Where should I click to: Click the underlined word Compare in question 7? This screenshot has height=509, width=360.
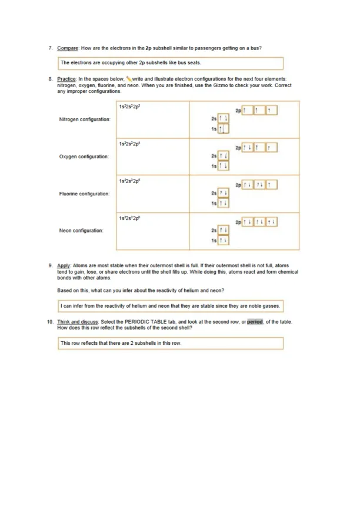66,48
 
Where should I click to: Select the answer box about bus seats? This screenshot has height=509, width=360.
171,62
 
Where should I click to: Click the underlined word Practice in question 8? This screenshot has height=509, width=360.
66,78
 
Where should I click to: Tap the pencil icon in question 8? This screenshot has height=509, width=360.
128,78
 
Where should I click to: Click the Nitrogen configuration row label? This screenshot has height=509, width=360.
85,119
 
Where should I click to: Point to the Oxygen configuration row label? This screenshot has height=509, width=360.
84,157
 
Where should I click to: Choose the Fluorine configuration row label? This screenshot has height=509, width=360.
84,194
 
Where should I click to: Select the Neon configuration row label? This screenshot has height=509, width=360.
81,231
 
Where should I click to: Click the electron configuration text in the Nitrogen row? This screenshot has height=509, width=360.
129,107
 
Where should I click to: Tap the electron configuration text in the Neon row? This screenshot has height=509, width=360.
129,218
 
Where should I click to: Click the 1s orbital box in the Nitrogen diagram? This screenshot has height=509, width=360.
223,129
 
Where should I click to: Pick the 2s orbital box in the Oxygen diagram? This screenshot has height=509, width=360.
223,157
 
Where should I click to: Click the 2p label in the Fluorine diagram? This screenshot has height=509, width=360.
238,184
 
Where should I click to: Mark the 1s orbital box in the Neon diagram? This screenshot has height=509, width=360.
223,241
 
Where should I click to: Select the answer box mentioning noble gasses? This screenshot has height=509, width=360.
171,307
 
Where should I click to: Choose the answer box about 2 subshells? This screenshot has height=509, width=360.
171,342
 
